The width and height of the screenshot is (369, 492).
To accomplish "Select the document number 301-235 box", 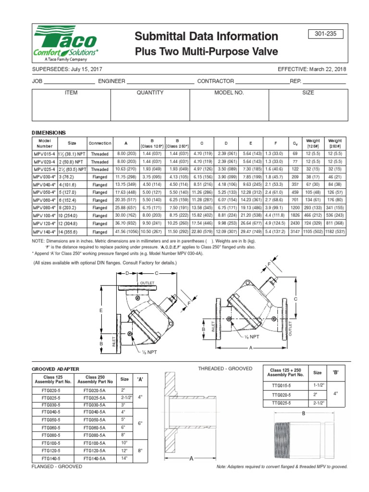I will pyautogui.click(x=331, y=34).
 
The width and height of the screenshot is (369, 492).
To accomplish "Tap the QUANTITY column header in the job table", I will pyautogui.click(x=150, y=93).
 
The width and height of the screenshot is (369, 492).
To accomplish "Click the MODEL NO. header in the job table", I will pyautogui.click(x=229, y=93).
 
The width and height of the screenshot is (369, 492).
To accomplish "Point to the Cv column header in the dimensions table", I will pyautogui.click(x=295, y=143).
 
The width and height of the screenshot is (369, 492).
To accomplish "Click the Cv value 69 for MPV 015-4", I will pyautogui.click(x=295, y=154).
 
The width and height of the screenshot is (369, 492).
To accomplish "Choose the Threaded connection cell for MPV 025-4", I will pyautogui.click(x=100, y=169).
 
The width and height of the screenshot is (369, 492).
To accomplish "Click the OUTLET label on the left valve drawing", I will pyautogui.click(x=147, y=283).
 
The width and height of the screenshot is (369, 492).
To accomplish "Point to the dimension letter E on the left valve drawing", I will pyautogui.click(x=101, y=311).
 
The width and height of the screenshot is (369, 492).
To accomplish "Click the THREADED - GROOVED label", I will pyautogui.click(x=225, y=368).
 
